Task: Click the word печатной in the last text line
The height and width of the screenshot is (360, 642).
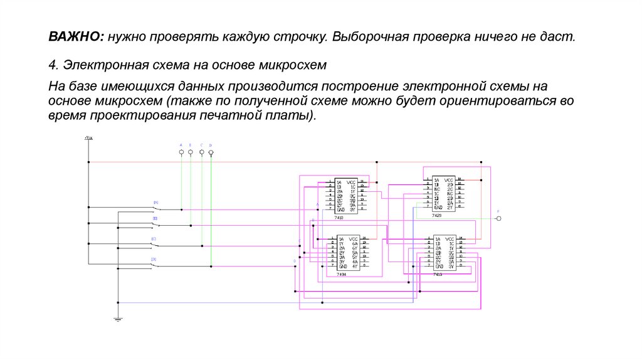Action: pos(221,116)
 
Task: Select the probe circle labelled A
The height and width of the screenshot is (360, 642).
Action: pos(181,152)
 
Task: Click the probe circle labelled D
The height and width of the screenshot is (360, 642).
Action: pos(211,152)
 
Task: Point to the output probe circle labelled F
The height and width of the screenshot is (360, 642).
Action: pos(499,218)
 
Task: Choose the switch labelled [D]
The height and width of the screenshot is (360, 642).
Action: pos(154,265)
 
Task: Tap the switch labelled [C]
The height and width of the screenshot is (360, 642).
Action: pos(154,246)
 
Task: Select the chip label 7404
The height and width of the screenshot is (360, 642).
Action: pos(341,275)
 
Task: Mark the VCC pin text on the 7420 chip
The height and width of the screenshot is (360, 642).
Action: pos(450,179)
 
